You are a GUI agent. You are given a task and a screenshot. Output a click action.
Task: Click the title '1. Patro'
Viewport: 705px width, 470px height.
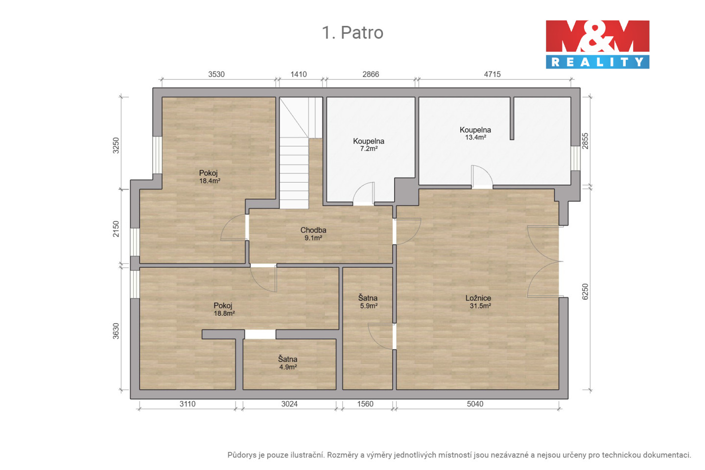pyautogui.click(x=352, y=32)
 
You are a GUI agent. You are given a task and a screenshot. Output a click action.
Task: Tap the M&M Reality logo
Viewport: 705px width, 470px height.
pyautogui.click(x=597, y=45)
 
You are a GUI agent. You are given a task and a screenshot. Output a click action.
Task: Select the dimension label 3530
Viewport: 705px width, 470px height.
pyautogui.click(x=216, y=74)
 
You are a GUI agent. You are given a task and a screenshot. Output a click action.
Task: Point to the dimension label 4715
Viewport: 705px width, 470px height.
pyautogui.click(x=492, y=74)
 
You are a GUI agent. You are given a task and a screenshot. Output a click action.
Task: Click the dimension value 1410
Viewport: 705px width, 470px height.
pyautogui.click(x=298, y=74)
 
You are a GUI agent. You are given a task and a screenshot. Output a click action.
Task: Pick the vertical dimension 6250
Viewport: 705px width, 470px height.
pyautogui.click(x=585, y=292)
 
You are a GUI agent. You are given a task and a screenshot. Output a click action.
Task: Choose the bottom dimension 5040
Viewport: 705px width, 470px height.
pyautogui.click(x=475, y=404)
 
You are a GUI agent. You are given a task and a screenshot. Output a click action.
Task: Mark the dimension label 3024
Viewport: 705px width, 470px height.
pyautogui.click(x=289, y=404)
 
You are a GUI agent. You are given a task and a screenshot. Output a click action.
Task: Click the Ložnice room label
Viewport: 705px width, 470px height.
pyautogui.click(x=478, y=298)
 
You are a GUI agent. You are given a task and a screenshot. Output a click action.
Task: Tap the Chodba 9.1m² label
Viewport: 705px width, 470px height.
pyautogui.click(x=313, y=234)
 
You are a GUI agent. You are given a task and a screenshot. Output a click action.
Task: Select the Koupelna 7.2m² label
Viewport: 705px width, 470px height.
pyautogui.click(x=369, y=145)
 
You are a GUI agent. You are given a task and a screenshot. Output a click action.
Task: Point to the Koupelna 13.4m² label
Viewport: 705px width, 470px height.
pyautogui.click(x=475, y=134)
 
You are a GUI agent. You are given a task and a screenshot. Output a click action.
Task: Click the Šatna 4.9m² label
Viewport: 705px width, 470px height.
pyautogui.click(x=288, y=363)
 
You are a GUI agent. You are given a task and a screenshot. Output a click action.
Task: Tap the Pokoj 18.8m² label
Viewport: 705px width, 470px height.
pyautogui.click(x=224, y=309)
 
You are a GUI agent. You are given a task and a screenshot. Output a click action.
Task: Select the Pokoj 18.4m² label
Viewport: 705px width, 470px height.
pyautogui.click(x=210, y=177)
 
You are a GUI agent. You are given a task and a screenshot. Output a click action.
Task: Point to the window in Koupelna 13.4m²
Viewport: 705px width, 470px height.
pyautogui.click(x=576, y=158)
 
